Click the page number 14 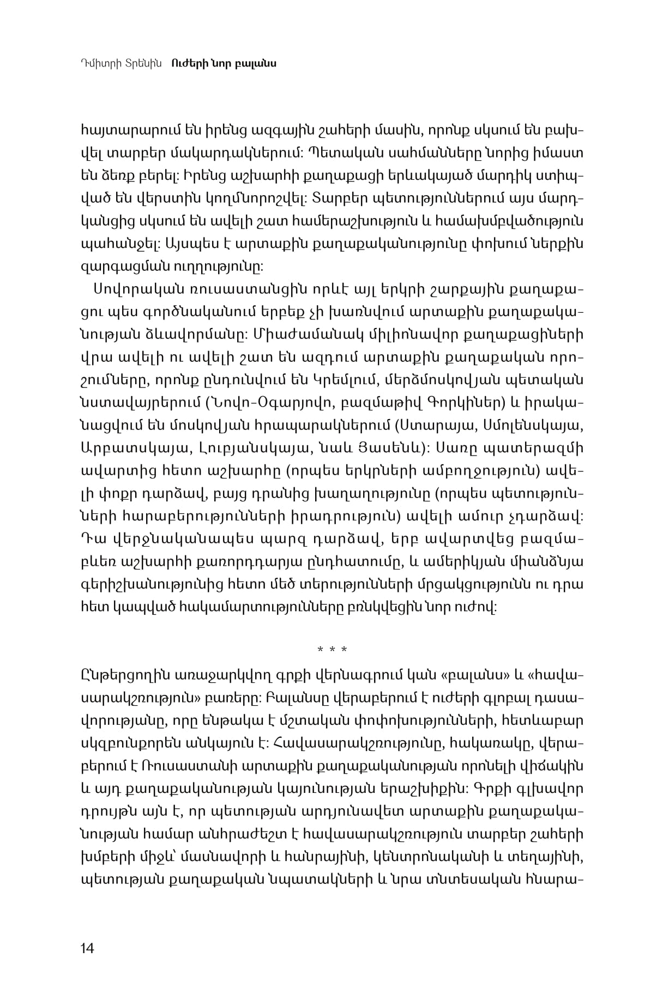click(x=87, y=948)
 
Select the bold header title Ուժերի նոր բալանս click(x=224, y=63)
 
